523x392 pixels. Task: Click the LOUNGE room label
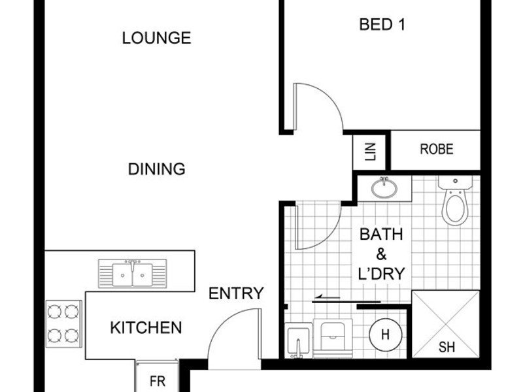point(156,38)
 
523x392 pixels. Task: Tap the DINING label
point(156,169)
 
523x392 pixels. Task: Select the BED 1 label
point(382,24)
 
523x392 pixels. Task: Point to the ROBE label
point(437,149)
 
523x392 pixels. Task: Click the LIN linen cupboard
point(370,152)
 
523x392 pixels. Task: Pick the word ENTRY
point(236,293)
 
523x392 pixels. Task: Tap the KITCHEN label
point(146,328)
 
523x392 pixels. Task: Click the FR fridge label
point(158,381)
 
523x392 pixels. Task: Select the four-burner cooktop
point(63,323)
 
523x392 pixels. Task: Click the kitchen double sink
point(133,274)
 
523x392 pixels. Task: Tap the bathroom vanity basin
point(384,188)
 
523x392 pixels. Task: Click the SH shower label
point(447,348)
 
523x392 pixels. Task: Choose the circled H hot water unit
point(385,334)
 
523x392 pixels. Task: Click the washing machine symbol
point(333,338)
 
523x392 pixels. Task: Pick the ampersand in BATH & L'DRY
point(381,254)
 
